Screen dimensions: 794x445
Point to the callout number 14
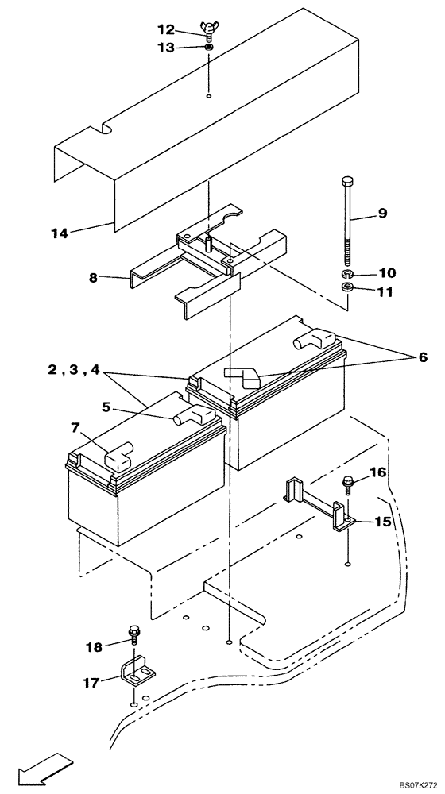click(x=59, y=233)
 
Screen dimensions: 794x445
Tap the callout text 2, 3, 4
click(x=72, y=369)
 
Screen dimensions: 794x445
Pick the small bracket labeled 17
click(x=135, y=671)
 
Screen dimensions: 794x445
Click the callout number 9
click(x=382, y=213)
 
